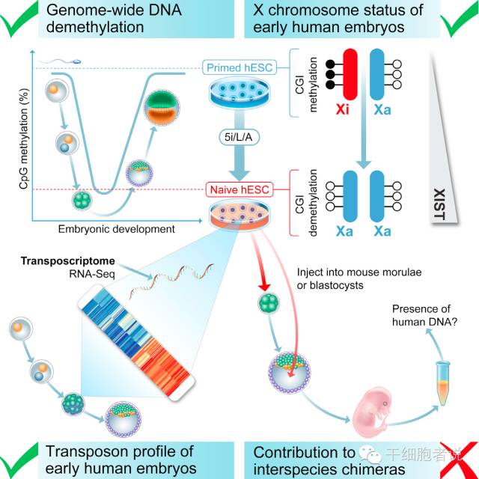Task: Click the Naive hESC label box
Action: [x=237, y=190]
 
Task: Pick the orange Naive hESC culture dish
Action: [x=237, y=213]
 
